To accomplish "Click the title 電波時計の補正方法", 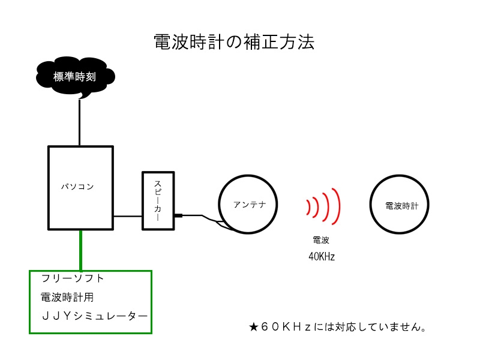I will click(233, 42).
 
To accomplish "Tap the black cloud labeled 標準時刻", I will click(75, 77).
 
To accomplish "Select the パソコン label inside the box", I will click(77, 187).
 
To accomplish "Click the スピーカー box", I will click(158, 200).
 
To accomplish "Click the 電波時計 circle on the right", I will click(401, 205).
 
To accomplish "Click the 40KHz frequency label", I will click(321, 256).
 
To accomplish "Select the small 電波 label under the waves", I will click(321, 240).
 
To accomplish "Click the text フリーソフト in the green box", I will click(73, 278).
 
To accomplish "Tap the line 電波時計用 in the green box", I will click(67, 297).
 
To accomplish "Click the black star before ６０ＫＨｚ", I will click(253, 328).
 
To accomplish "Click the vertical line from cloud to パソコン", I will click(79, 122).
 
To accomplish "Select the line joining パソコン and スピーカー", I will click(127, 215).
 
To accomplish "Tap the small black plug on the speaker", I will click(178, 215).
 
